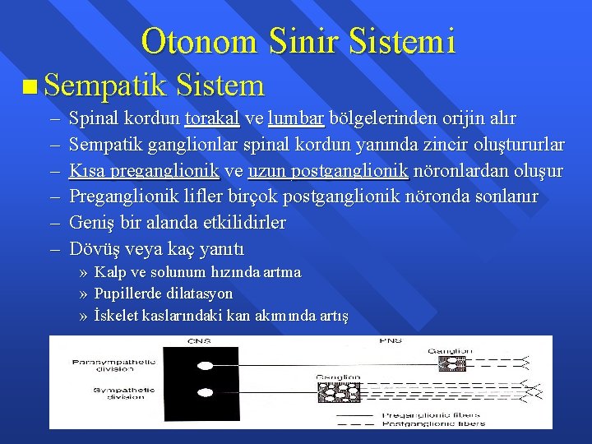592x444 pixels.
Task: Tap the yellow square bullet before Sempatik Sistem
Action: pyautogui.click(x=30, y=86)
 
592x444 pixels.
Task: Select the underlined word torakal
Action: pyautogui.click(x=212, y=118)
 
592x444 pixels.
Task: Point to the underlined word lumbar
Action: pyautogui.click(x=296, y=118)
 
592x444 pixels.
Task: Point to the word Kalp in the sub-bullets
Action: pyautogui.click(x=109, y=272)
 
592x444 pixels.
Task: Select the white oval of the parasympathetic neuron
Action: pyautogui.click(x=206, y=362)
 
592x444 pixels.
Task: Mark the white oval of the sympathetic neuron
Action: pyautogui.click(x=206, y=392)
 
